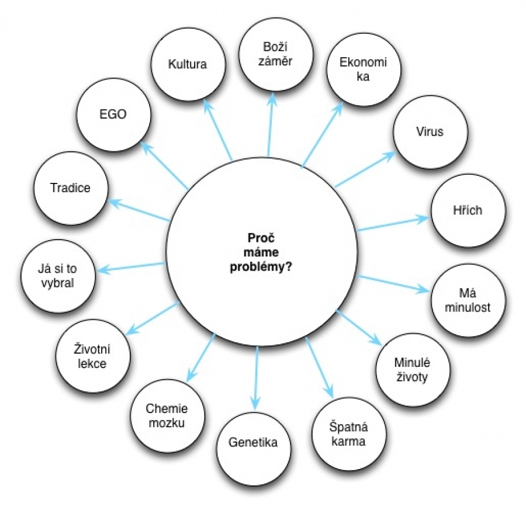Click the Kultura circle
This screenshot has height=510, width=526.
(x=187, y=64)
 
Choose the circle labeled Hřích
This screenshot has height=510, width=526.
(x=468, y=210)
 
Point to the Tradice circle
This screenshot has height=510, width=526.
(x=70, y=188)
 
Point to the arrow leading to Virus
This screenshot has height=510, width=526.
(x=365, y=170)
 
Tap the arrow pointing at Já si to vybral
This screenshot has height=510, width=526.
(x=131, y=267)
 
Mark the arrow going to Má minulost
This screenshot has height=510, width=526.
(x=396, y=283)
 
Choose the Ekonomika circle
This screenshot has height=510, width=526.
(x=363, y=70)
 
